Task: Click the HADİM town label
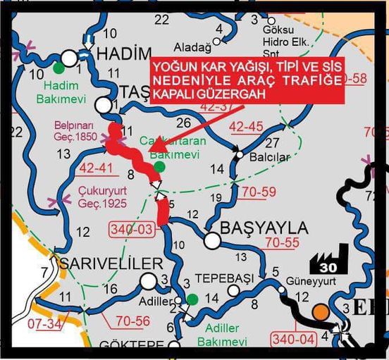pos(123,54)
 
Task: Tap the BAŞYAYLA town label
pos(264,228)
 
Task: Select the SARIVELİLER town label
pos(113,263)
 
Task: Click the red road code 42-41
pos(96,169)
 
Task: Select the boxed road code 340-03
pos(131,229)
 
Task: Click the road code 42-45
pos(246,127)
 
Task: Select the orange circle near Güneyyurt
pos(321,311)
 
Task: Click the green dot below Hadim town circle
pos(58,68)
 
